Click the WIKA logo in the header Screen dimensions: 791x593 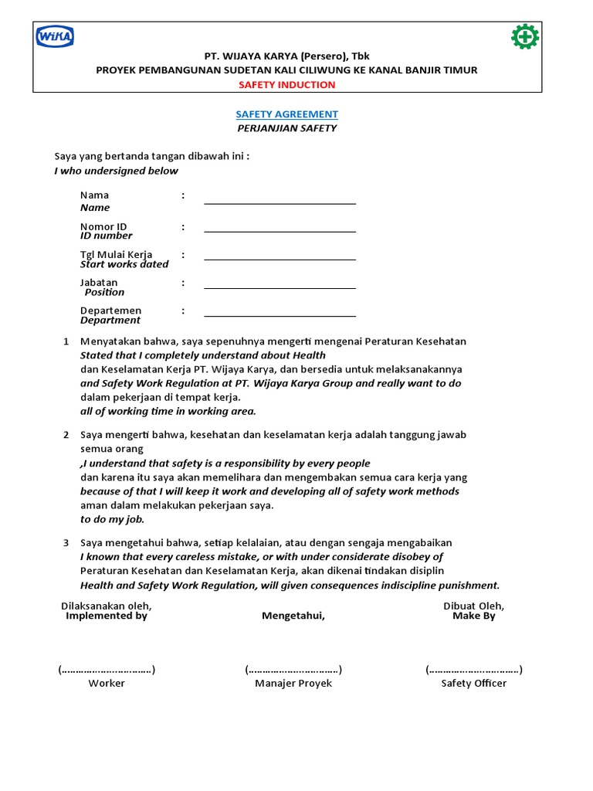(54, 37)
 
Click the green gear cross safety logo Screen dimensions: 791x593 (525, 37)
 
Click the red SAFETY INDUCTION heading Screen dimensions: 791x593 (286, 85)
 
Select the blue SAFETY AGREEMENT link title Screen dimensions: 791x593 (286, 114)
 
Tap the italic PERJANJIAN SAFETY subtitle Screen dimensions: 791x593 (286, 128)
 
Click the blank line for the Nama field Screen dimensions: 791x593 (280, 202)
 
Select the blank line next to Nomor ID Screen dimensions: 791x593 (280, 230)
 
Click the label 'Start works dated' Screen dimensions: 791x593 (124, 264)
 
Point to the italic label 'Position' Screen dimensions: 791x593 (104, 292)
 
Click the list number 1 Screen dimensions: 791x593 (66, 341)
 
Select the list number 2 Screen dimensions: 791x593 (66, 435)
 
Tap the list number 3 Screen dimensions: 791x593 (66, 543)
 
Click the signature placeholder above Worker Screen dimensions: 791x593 (107, 670)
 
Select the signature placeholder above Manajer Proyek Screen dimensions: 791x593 (293, 670)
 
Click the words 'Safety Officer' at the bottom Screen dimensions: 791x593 (473, 684)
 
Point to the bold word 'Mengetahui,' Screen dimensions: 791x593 (293, 616)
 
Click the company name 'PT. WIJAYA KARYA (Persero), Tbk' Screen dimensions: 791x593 (286, 56)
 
